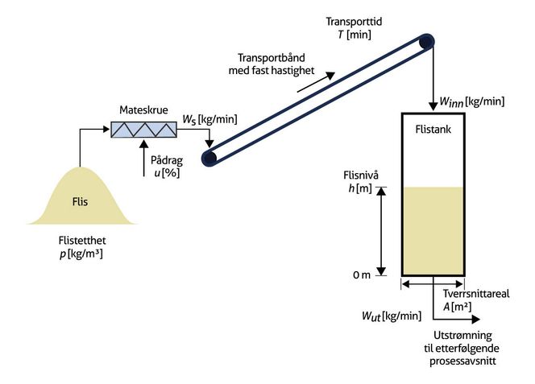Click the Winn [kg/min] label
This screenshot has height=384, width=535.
pyautogui.click(x=471, y=101)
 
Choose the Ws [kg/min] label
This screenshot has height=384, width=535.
pyautogui.click(x=209, y=120)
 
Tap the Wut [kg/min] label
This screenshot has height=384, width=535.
pyautogui.click(x=392, y=315)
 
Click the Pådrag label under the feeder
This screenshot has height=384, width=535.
pyautogui.click(x=167, y=159)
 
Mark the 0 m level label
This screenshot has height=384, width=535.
pyautogui.click(x=360, y=275)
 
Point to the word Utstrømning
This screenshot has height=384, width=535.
pyautogui.click(x=461, y=336)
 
